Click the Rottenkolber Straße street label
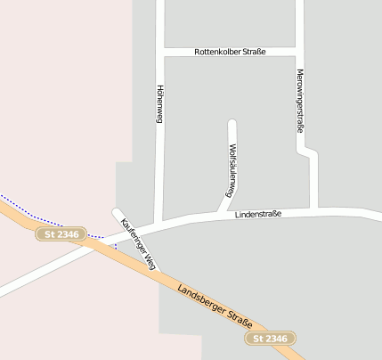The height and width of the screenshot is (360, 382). click(230, 53)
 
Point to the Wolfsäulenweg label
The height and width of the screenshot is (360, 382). click(232, 169)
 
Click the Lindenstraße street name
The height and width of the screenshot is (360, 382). click(258, 215)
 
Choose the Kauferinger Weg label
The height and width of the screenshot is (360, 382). click(139, 243)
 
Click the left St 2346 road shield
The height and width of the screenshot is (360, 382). click(61, 234)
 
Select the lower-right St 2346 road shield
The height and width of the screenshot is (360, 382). click(270, 339)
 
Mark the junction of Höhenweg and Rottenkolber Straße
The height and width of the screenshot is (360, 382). click(159, 53)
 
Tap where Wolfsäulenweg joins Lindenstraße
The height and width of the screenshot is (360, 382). click(220, 215)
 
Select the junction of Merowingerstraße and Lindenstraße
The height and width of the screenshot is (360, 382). click(314, 210)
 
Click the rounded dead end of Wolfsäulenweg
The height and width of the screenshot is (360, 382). click(232, 124)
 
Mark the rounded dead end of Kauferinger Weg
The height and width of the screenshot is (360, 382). click(116, 213)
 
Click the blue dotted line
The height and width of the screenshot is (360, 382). click(45, 218)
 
